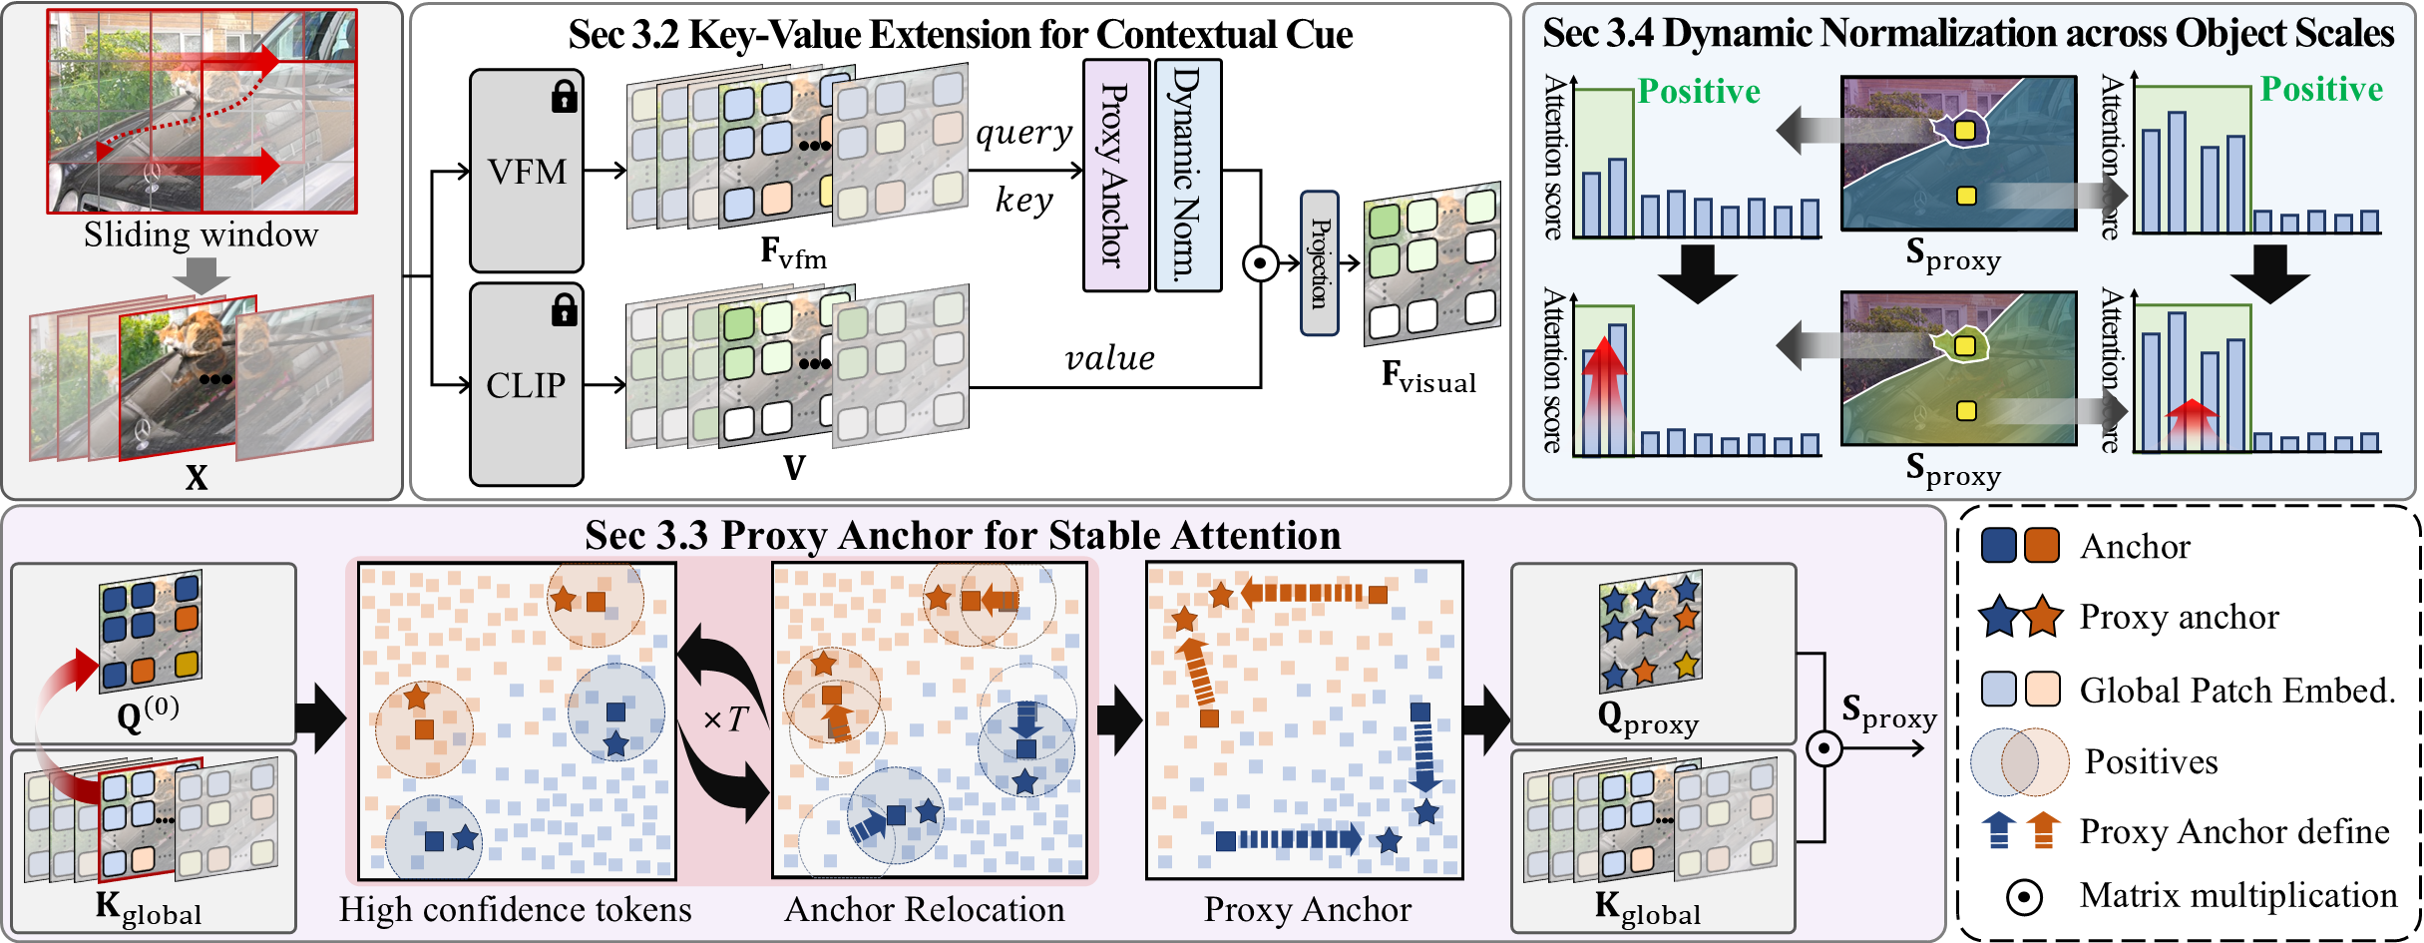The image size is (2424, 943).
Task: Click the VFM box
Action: point(527,171)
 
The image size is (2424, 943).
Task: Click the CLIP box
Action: point(527,385)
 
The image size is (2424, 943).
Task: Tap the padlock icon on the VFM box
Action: point(565,97)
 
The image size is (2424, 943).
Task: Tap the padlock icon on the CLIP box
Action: point(565,310)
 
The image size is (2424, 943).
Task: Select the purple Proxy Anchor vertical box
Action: point(1116,175)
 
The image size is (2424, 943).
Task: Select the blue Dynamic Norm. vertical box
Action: point(1188,175)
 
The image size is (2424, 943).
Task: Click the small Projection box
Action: point(1320,263)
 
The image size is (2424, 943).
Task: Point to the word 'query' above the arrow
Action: point(1023,133)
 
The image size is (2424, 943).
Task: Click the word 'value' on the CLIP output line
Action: point(1109,357)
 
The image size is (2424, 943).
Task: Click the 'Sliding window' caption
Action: point(201,235)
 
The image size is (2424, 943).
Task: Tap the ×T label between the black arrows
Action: point(725,718)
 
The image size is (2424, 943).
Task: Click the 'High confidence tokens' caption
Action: point(515,909)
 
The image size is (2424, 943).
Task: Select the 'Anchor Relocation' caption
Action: point(925,909)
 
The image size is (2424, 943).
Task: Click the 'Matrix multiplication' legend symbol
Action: point(2024,897)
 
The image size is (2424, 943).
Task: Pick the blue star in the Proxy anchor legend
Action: point(2000,617)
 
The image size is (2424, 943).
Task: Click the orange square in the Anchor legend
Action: point(2042,546)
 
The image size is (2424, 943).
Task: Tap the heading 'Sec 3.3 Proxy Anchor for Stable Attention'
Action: point(963,535)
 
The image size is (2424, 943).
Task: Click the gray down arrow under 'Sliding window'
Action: point(202,275)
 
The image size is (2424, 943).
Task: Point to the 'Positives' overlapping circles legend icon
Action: point(2021,762)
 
